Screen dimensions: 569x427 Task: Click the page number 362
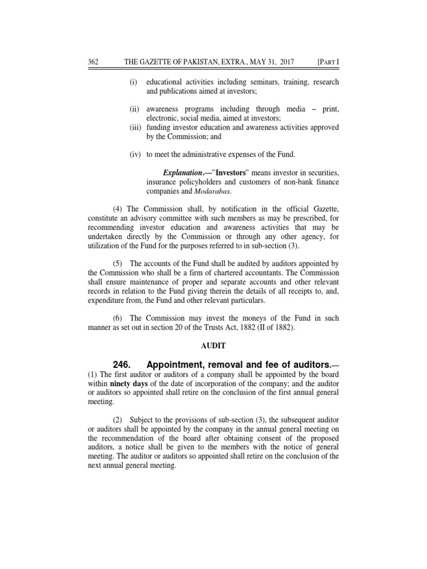point(93,62)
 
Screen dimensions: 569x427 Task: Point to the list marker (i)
point(133,82)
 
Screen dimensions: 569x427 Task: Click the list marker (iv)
point(135,154)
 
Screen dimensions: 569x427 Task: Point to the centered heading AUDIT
point(214,345)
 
